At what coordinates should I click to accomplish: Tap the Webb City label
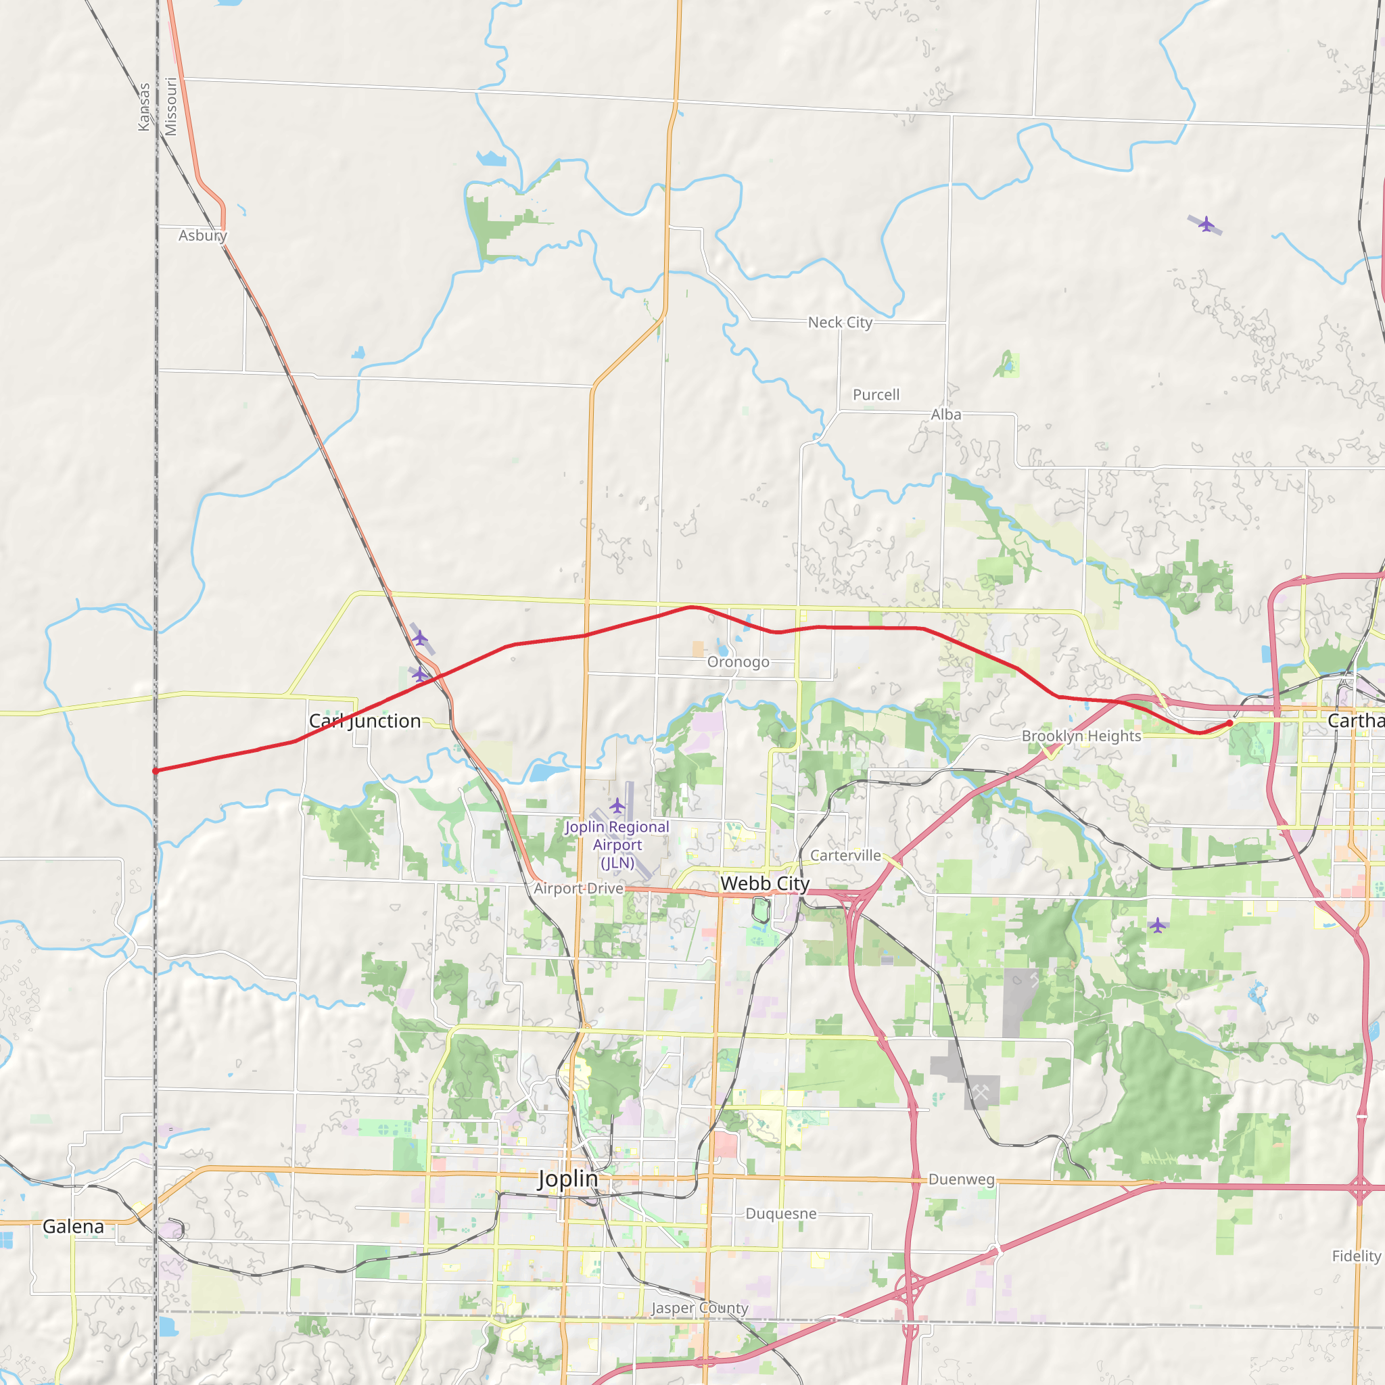[x=765, y=883]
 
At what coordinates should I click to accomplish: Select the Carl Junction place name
[x=365, y=721]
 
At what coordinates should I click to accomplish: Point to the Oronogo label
[x=738, y=661]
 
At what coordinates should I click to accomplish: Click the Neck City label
[x=840, y=323]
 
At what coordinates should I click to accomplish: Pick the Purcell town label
[x=876, y=395]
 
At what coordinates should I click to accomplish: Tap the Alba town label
[x=946, y=415]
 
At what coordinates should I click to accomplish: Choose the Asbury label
[x=203, y=235]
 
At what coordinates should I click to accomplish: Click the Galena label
[x=73, y=1227]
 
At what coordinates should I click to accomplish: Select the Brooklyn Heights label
[x=1081, y=736]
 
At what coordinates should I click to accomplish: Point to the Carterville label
[x=845, y=855]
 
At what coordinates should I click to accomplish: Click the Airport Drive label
[x=578, y=888]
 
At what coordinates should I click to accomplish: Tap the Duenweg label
[x=962, y=1179]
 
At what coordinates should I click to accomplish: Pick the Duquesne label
[x=780, y=1214]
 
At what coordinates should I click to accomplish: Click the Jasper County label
[x=700, y=1309]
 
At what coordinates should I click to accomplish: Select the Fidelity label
[x=1357, y=1256]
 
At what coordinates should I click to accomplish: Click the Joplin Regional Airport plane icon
[x=617, y=805]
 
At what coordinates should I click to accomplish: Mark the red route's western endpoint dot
[x=156, y=772]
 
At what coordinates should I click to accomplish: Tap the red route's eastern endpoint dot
[x=1230, y=724]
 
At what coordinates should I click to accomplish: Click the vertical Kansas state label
[x=144, y=107]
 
